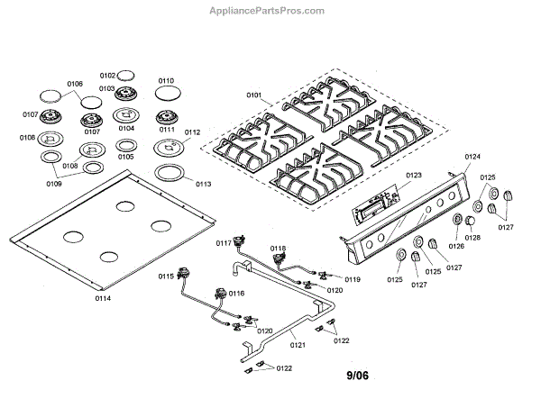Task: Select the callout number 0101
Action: (x=253, y=94)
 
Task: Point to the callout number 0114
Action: (x=103, y=296)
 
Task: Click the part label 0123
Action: (x=414, y=175)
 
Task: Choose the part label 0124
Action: (x=473, y=157)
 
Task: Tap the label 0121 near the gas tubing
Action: (x=298, y=343)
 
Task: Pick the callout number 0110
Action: (x=166, y=80)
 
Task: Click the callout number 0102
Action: (x=107, y=76)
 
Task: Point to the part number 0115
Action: (x=165, y=276)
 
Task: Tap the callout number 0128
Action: (x=472, y=237)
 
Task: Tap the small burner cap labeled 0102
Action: (x=128, y=76)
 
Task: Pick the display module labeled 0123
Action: (x=374, y=203)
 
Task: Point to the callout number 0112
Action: (x=192, y=131)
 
